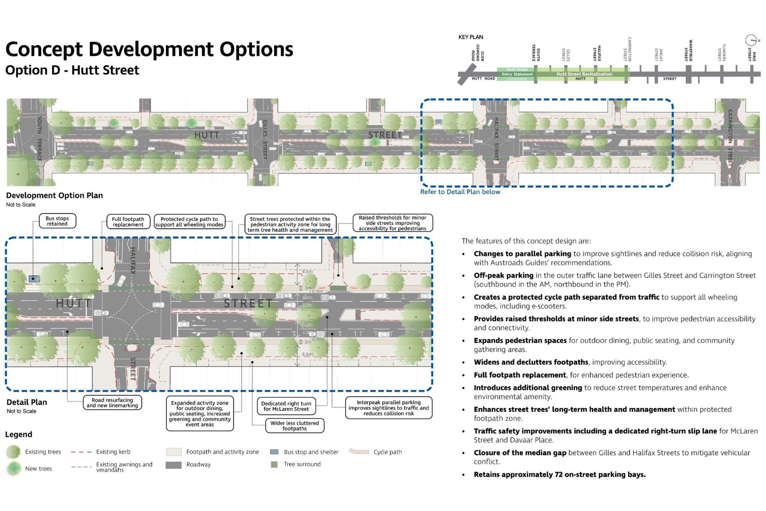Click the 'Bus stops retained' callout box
pyautogui.click(x=57, y=221)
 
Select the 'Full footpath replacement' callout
pyautogui.click(x=128, y=222)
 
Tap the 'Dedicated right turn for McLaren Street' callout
pyautogui.click(x=286, y=406)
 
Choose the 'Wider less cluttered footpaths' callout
pyautogui.click(x=294, y=426)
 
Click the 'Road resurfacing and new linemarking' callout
pyautogui.click(x=112, y=403)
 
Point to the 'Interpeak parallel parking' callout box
pyautogui.click(x=389, y=408)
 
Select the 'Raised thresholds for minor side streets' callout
pyautogui.click(x=392, y=223)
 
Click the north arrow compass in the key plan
pyautogui.click(x=751, y=40)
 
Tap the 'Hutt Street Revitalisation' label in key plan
pyautogui.click(x=584, y=74)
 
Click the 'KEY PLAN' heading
pyautogui.click(x=471, y=37)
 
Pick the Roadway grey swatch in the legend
pyautogui.click(x=174, y=465)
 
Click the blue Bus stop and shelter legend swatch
pyautogui.click(x=274, y=452)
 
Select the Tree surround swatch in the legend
pyautogui.click(x=274, y=464)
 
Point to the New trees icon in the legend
pyautogui.click(x=14, y=468)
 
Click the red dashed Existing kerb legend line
pyautogui.click(x=81, y=452)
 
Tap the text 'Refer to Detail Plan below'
pyautogui.click(x=460, y=192)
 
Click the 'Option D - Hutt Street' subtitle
pyautogui.click(x=72, y=70)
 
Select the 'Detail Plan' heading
pyautogui.click(x=27, y=402)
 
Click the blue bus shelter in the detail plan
pyautogui.click(x=34, y=279)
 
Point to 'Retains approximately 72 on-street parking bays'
pyautogui.click(x=560, y=475)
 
